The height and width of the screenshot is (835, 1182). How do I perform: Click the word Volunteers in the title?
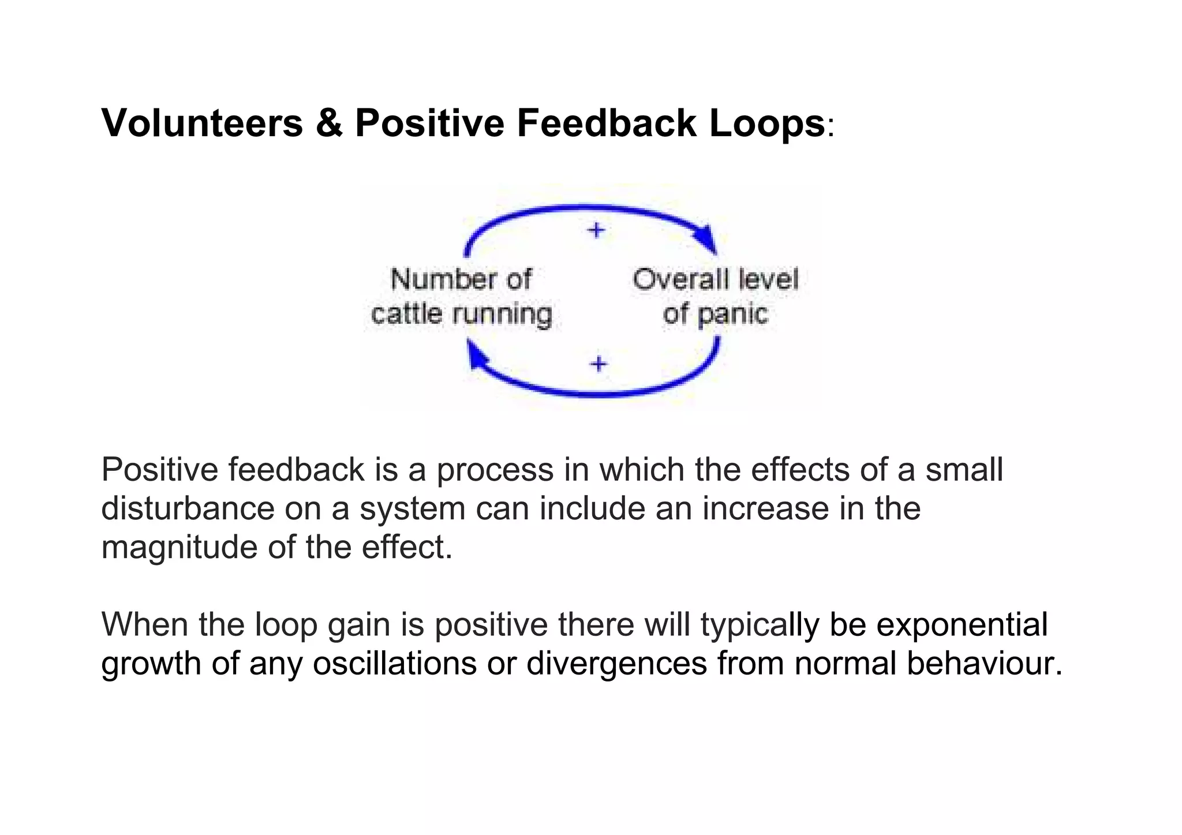202,123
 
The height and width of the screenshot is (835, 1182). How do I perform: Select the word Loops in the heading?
767,123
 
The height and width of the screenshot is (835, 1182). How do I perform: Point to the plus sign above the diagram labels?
596,230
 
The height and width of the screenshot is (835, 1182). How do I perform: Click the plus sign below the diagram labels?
599,364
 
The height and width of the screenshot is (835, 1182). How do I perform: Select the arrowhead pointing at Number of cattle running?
476,353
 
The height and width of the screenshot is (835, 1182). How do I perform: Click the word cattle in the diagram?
407,314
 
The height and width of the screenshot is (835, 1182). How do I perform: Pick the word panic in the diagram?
733,314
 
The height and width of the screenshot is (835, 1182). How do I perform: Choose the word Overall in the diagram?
672,280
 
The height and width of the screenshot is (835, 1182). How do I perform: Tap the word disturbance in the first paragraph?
188,508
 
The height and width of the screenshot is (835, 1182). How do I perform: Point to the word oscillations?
395,663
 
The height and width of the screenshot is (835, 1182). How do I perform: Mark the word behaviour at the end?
983,663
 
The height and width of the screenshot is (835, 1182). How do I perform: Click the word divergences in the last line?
616,663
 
